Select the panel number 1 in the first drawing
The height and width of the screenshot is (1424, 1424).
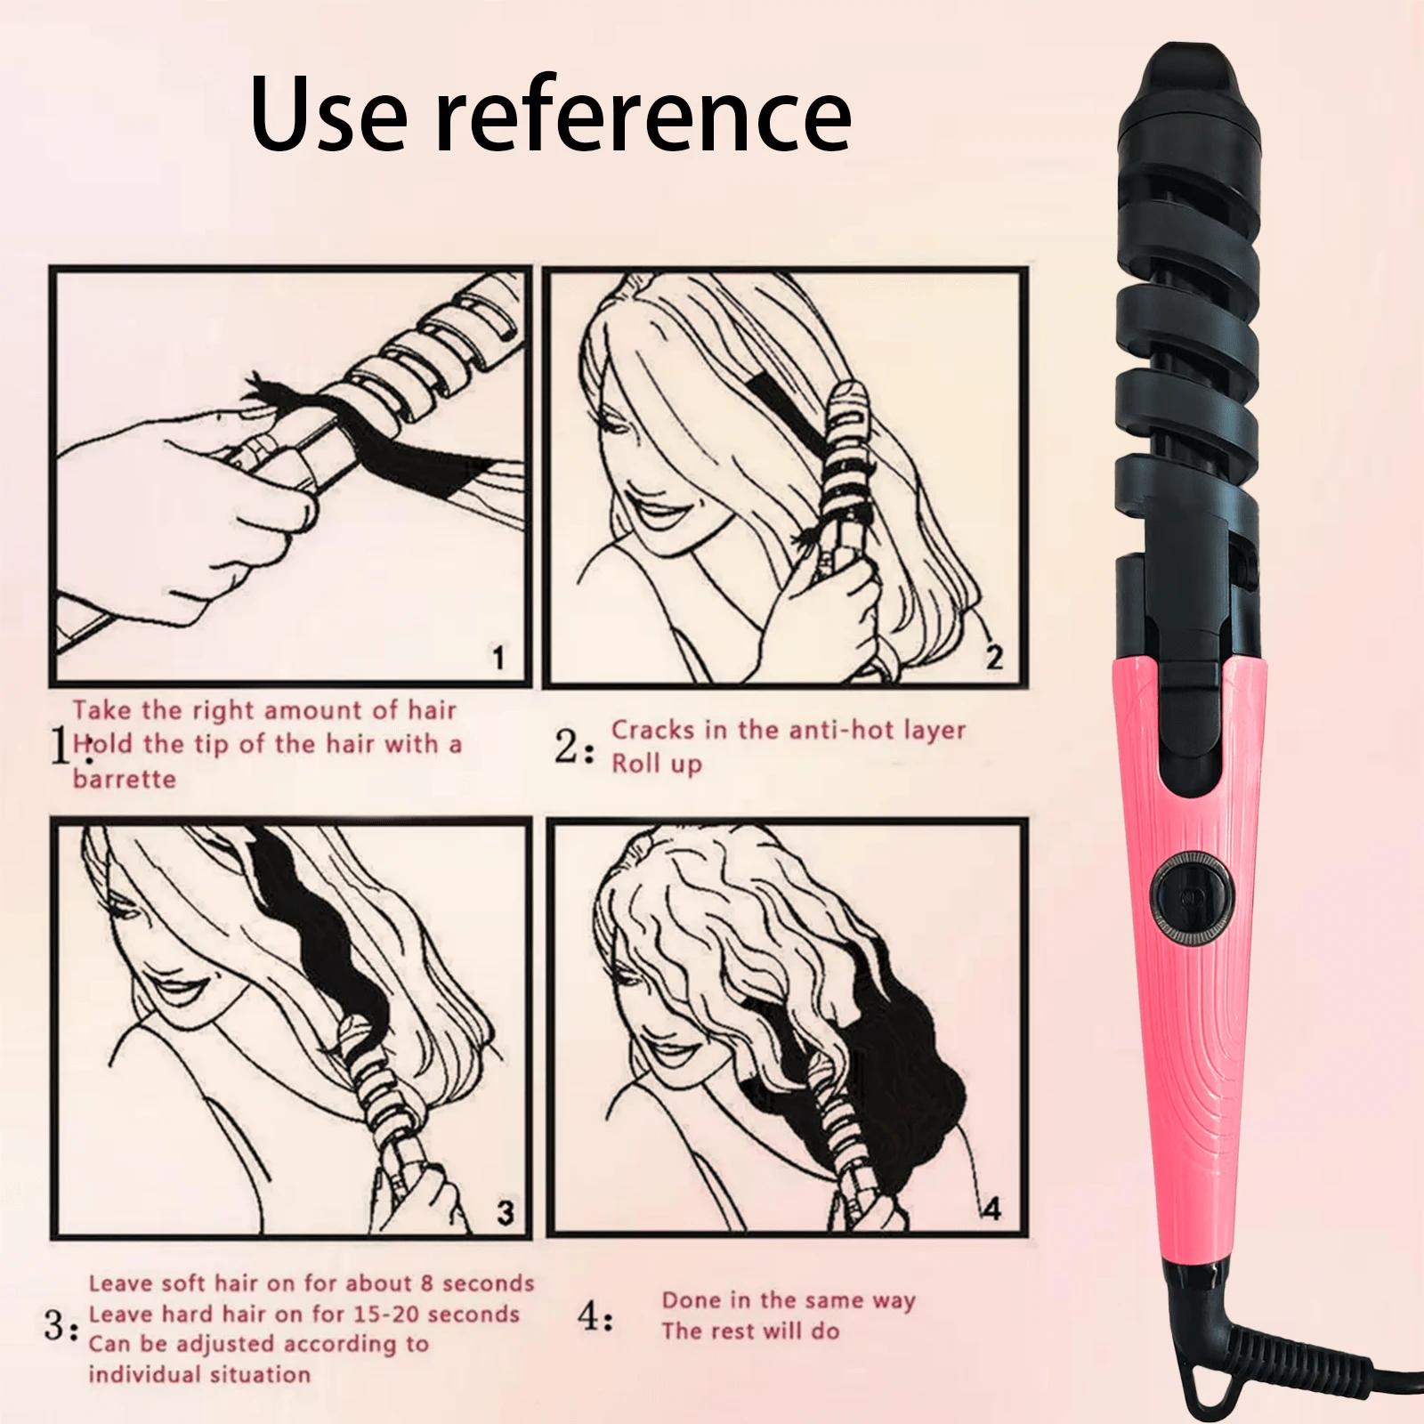pyautogui.click(x=498, y=659)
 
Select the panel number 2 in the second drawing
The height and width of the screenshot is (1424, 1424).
pyautogui.click(x=994, y=658)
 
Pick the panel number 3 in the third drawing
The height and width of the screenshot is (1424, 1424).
pyautogui.click(x=505, y=1212)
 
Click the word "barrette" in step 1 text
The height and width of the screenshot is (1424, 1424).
pyautogui.click(x=124, y=779)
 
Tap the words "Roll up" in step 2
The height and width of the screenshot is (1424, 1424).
pyautogui.click(x=656, y=765)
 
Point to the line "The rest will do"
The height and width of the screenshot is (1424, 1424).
pyautogui.click(x=750, y=1331)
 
